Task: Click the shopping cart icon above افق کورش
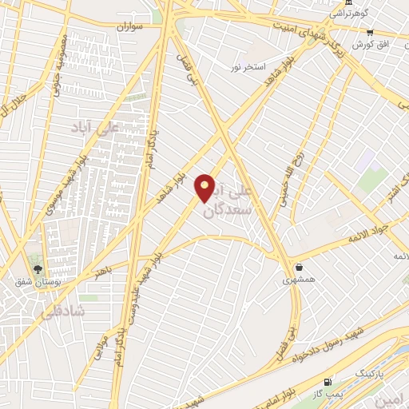[x=369, y=31]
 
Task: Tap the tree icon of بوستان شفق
[x=35, y=268]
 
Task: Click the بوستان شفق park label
[x=37, y=282]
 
